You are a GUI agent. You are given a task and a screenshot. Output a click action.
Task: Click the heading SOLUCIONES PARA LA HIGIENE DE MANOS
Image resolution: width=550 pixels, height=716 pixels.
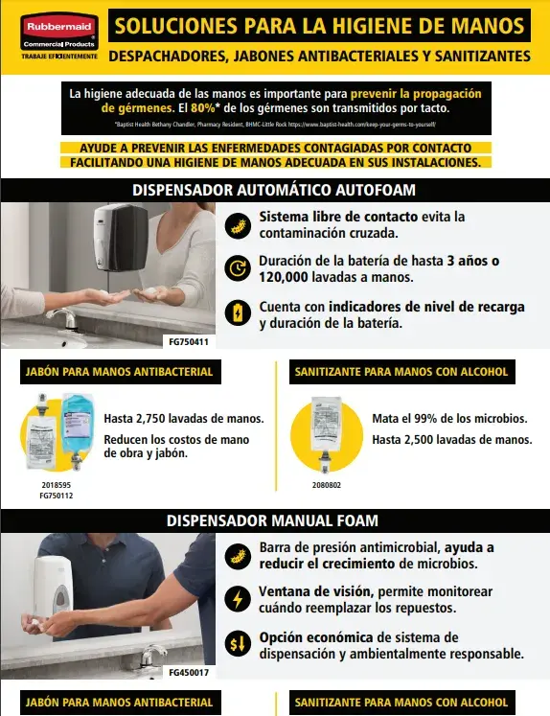click(x=319, y=26)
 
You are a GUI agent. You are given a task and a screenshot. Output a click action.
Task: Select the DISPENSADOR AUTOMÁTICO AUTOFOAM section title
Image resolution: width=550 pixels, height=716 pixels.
click(x=275, y=190)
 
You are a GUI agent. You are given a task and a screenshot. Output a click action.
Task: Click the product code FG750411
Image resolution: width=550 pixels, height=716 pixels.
click(x=188, y=340)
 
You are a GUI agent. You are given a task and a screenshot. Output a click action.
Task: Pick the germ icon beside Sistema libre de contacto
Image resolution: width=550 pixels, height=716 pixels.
click(x=238, y=225)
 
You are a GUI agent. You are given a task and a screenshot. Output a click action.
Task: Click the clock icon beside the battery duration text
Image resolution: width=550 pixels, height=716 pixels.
click(x=238, y=268)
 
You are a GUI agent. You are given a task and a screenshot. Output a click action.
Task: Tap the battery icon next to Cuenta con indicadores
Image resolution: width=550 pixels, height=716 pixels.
click(x=238, y=312)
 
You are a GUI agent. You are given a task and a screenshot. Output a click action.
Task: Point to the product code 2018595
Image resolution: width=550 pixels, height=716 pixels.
click(x=56, y=486)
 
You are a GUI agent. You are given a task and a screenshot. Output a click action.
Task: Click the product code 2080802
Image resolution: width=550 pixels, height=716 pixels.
click(x=327, y=486)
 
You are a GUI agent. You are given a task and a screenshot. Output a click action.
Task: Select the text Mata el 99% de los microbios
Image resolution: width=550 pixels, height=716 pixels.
click(x=449, y=419)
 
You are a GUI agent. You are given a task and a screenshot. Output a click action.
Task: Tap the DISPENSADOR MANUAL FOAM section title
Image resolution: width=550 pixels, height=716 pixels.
click(x=273, y=520)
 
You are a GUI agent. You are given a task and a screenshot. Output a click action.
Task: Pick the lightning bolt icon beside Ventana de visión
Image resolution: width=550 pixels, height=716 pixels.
click(x=238, y=599)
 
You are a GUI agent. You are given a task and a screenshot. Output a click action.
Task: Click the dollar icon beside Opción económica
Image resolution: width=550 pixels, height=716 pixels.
click(x=238, y=644)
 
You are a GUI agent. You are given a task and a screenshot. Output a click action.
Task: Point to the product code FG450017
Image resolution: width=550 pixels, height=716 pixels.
click(x=189, y=672)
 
